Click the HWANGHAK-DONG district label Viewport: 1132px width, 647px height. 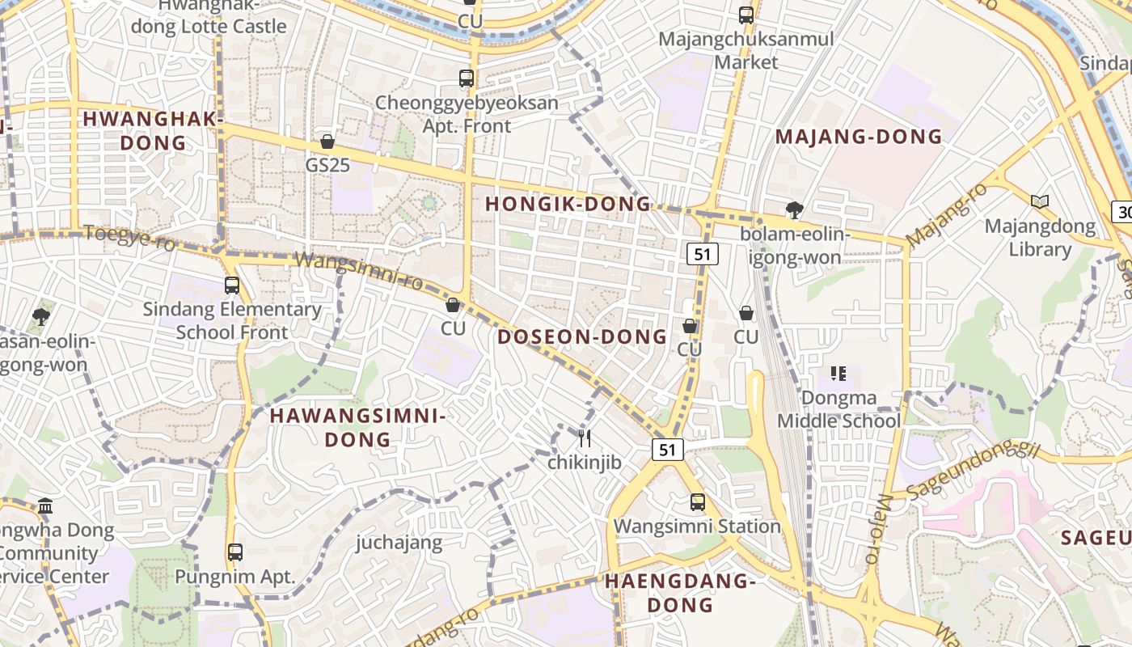pyautogui.click(x=153, y=131)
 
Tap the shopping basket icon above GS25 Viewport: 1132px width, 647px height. pyautogui.click(x=327, y=142)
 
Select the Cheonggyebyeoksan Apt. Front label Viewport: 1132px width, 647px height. pyautogui.click(x=467, y=114)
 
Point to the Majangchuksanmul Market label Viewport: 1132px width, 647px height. pyautogui.click(x=746, y=50)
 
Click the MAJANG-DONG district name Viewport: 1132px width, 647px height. pyautogui.click(x=859, y=137)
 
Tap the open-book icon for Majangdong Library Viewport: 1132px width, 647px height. pyautogui.click(x=1040, y=201)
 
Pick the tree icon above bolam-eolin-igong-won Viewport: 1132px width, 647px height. pyautogui.click(x=795, y=210)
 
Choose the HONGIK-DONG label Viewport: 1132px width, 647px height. pyautogui.click(x=568, y=204)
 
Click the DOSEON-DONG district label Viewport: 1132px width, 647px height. pyautogui.click(x=582, y=336)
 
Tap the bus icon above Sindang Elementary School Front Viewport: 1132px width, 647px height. pyautogui.click(x=232, y=285)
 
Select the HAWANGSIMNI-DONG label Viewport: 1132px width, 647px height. pyautogui.click(x=357, y=427)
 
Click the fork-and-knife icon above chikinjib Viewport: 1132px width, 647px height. pyautogui.click(x=585, y=438)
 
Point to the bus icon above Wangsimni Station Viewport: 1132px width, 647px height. pyautogui.click(x=698, y=502)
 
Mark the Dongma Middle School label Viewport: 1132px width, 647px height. pyautogui.click(x=838, y=409)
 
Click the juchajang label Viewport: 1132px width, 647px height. pyautogui.click(x=399, y=542)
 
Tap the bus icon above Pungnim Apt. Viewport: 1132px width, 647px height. pyautogui.click(x=235, y=552)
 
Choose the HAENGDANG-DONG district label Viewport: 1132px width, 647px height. pyautogui.click(x=680, y=592)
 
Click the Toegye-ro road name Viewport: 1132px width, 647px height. pyautogui.click(x=129, y=238)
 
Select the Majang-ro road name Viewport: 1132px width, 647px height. pyautogui.click(x=947, y=215)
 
